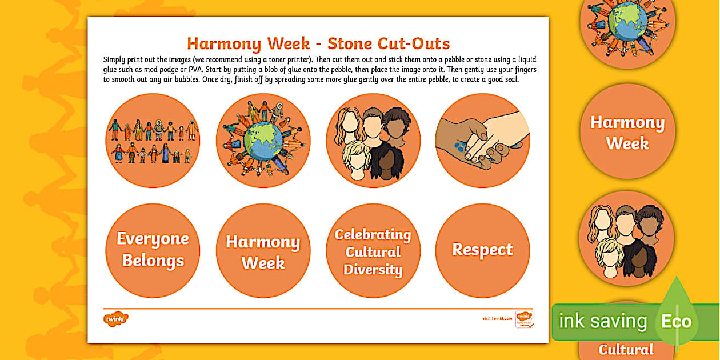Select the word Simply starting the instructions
tap(115, 59)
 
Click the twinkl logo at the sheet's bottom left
tap(115, 319)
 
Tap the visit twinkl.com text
tap(497, 319)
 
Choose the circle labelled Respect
tap(482, 250)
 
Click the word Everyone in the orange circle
tap(153, 239)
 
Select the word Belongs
tap(153, 261)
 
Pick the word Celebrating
tap(373, 235)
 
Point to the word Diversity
tap(373, 270)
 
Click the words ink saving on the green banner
tap(602, 321)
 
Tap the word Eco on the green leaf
tap(676, 321)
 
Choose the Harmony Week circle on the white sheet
tap(263, 251)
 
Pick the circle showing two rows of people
tap(153, 141)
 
